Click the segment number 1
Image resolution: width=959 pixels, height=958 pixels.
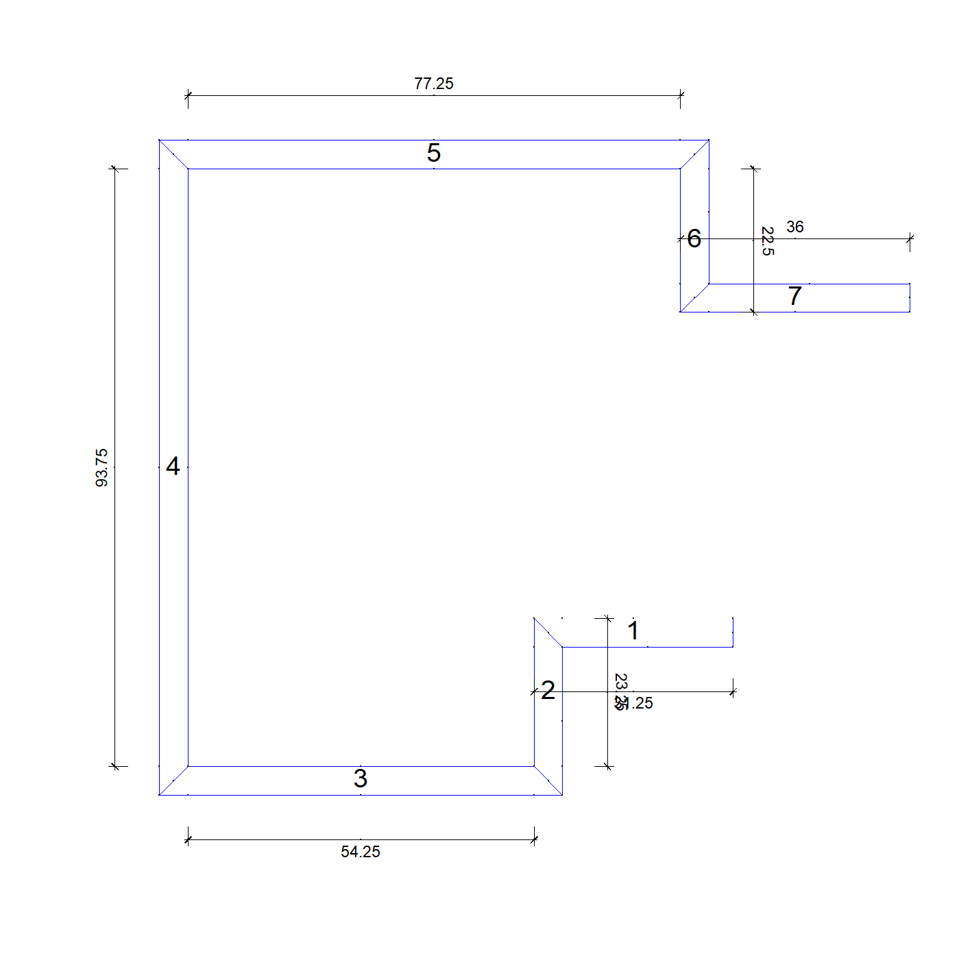[633, 630]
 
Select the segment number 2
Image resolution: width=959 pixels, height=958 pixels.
[548, 690]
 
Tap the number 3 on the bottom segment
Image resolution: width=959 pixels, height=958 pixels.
[361, 778]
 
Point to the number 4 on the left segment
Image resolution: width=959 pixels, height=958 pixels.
[173, 467]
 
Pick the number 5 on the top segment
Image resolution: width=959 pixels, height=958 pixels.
[434, 153]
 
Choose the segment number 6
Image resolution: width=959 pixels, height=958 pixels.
[694, 238]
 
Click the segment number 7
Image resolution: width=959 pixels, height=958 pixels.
[794, 296]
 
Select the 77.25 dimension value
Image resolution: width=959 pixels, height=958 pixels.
[434, 84]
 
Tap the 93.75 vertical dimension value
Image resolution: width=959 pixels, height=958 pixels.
[101, 467]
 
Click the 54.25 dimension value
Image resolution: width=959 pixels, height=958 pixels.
[361, 852]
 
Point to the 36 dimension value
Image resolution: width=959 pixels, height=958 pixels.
[795, 227]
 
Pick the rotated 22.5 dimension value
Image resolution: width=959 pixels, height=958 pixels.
[768, 241]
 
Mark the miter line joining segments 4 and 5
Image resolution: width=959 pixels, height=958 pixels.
[173, 154]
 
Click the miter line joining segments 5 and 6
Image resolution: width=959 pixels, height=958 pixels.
[694, 154]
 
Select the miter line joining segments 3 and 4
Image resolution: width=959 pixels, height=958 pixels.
[173, 781]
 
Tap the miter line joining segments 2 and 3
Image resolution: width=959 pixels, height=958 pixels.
[548, 781]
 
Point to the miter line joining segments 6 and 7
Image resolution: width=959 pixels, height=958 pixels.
[694, 297]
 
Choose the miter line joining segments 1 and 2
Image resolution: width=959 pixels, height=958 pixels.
[548, 632]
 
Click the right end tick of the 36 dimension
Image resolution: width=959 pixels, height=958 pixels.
[910, 239]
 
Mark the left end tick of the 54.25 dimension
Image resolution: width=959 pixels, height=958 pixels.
[188, 839]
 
